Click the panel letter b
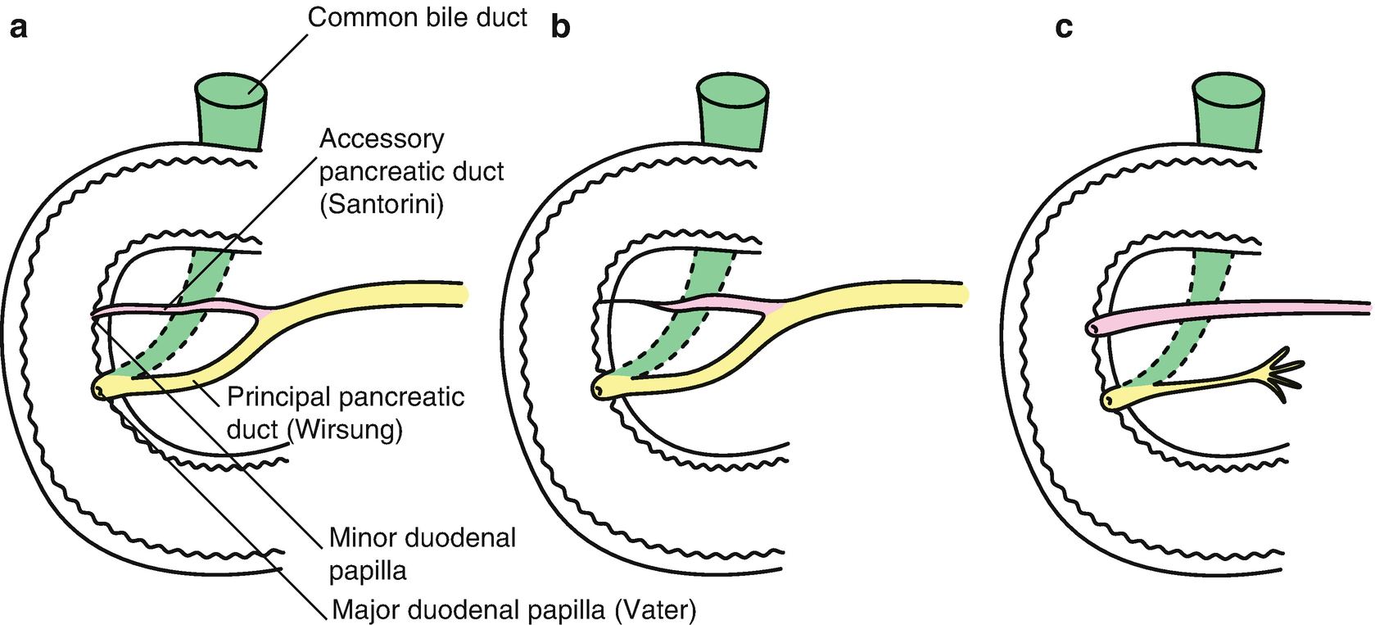pyautogui.click(x=561, y=28)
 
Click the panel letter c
pyautogui.click(x=1064, y=28)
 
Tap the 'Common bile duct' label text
pyautogui.click(x=417, y=17)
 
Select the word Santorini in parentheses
pyautogui.click(x=382, y=204)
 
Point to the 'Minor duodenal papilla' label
pyautogui.click(x=422, y=553)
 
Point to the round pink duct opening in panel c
pyautogui.click(x=1095, y=328)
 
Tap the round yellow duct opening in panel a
pyautogui.click(x=100, y=391)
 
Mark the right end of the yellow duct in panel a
pyautogui.click(x=463, y=294)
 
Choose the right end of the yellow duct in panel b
pyautogui.click(x=963, y=294)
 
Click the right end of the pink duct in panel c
pyautogui.click(x=1366, y=307)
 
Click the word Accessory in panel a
pyautogui.click(x=382, y=139)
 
